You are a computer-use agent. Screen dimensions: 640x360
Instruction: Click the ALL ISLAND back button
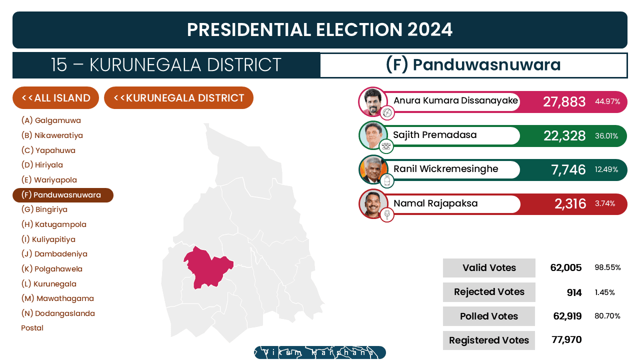55,97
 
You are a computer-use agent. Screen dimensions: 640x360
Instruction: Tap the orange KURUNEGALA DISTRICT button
178,97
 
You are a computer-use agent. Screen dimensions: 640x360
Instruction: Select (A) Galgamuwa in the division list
51,120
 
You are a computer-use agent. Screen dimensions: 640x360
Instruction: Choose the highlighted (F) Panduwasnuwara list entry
63,195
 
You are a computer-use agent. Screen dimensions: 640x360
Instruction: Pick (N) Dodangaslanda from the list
58,313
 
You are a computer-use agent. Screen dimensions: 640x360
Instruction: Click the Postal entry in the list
32,328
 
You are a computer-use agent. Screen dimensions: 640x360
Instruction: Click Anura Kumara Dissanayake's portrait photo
372,101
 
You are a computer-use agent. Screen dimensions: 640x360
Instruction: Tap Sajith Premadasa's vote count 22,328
564,135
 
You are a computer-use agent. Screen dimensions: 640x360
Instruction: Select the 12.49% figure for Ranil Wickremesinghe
606,169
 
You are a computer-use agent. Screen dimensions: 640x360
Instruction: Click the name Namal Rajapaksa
435,203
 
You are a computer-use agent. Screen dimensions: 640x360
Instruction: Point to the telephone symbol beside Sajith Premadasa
386,146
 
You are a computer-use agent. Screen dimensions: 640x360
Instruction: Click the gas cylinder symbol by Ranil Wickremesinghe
387,180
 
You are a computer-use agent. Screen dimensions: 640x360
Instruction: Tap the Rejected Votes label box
489,292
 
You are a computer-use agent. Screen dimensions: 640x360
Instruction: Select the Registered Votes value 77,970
566,339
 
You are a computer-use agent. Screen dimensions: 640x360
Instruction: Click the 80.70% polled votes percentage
607,316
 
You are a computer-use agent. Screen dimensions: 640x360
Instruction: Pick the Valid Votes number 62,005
565,267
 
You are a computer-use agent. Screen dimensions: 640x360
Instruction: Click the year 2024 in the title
429,29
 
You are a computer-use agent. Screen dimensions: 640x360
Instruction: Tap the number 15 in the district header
59,65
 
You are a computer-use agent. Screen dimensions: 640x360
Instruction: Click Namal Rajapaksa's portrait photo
373,203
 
